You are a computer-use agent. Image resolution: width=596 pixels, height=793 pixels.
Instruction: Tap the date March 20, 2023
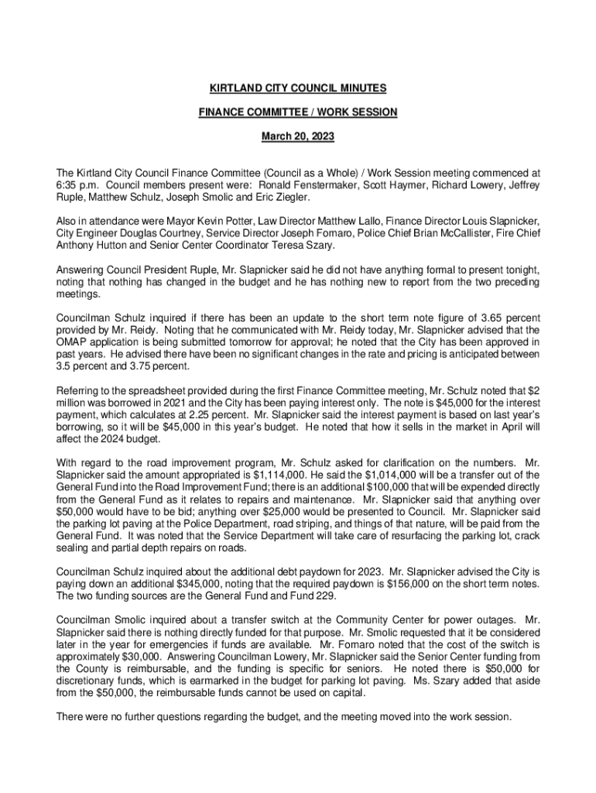297,136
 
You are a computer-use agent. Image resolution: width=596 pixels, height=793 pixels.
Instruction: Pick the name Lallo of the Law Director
361,222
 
